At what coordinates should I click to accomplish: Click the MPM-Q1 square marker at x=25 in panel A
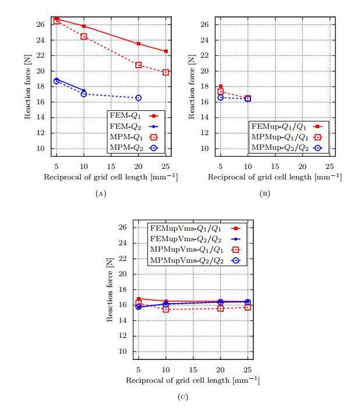click(x=165, y=72)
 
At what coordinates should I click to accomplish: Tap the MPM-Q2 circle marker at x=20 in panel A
click(x=138, y=98)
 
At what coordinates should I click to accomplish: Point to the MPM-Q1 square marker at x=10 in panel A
click(x=84, y=37)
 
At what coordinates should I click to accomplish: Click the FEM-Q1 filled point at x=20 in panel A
click(x=138, y=44)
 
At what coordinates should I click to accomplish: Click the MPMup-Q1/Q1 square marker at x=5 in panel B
click(x=220, y=91)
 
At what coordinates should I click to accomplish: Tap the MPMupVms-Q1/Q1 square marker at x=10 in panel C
click(x=165, y=309)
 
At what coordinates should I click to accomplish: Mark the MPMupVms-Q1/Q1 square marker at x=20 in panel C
click(x=220, y=308)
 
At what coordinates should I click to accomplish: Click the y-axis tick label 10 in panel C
click(x=122, y=351)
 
